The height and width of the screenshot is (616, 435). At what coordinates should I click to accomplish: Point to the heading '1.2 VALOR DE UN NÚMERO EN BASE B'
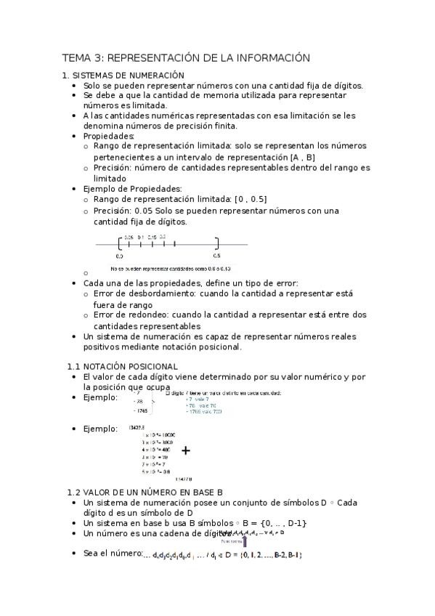(x=144, y=492)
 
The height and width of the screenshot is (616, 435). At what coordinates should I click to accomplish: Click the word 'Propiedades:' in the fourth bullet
(x=109, y=136)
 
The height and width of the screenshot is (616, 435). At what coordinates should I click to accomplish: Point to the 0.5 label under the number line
(x=216, y=256)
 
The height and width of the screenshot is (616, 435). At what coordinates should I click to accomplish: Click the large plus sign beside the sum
(x=186, y=450)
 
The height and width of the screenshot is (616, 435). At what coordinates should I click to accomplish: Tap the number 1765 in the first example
(x=142, y=412)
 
